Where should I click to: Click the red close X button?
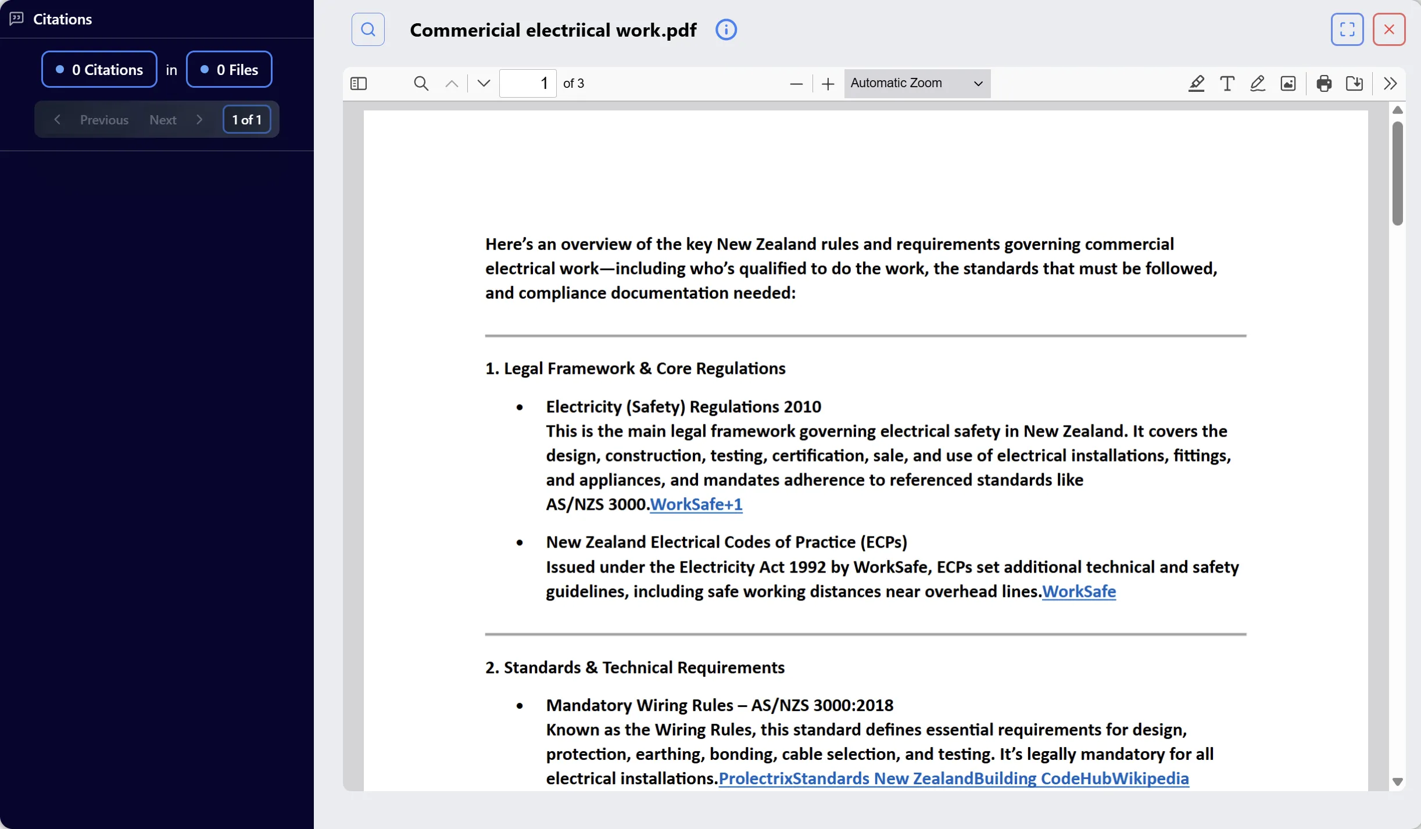pos(1388,29)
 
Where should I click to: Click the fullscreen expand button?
pos(1347,29)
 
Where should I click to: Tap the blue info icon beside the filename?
pos(726,30)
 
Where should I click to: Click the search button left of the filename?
pos(368,29)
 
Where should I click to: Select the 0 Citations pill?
pos(99,70)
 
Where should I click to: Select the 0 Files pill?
pos(229,70)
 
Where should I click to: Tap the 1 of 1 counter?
pos(246,120)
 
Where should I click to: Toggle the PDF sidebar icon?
pos(359,84)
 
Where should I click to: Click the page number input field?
pos(527,84)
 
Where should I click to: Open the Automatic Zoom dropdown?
pos(917,83)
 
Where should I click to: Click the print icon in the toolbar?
pos(1324,84)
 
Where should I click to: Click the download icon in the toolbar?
pos(1354,84)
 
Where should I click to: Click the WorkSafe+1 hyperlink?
pos(696,504)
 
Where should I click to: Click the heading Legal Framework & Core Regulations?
pos(635,369)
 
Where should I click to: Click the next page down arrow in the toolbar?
pos(484,84)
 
